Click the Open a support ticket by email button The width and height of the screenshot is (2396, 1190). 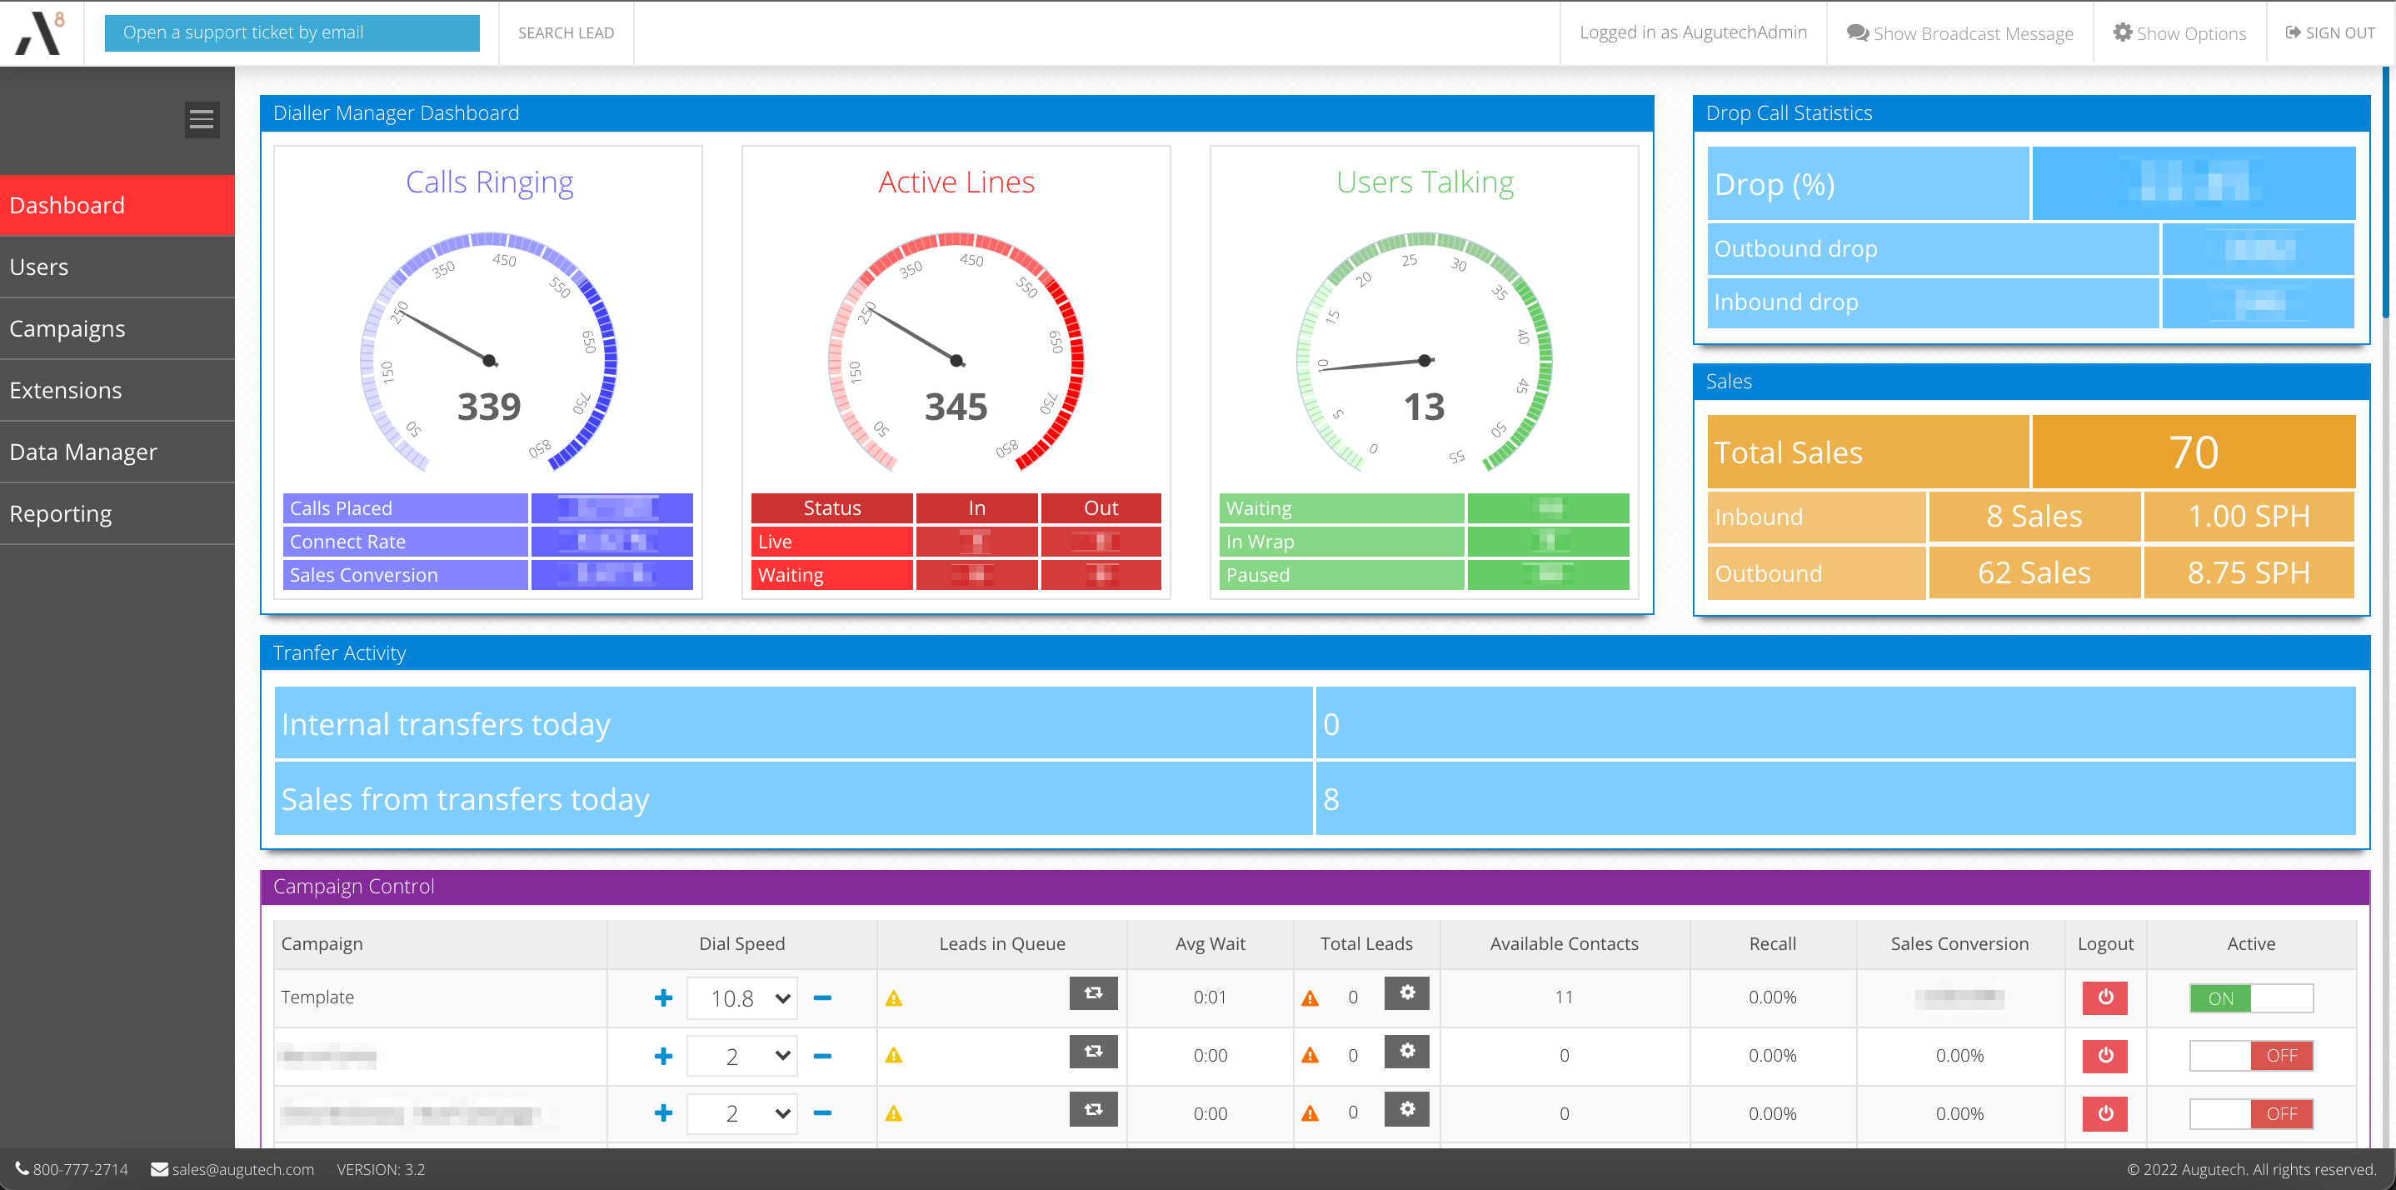[292, 32]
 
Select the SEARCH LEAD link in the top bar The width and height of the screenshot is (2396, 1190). [566, 33]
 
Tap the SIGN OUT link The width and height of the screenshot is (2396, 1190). [2330, 33]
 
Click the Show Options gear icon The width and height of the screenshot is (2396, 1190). [2123, 32]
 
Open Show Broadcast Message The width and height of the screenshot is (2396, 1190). [1959, 33]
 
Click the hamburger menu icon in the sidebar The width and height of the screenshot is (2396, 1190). [202, 119]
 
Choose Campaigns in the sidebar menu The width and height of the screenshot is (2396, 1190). [67, 328]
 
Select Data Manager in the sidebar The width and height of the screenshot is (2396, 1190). [83, 452]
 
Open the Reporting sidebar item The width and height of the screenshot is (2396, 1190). [61, 513]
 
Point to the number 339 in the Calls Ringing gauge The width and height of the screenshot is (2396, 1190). [489, 407]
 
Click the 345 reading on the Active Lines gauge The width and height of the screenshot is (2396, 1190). [956, 407]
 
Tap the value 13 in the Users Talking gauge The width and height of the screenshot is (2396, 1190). [1424, 407]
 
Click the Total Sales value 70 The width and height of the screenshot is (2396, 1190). [2194, 452]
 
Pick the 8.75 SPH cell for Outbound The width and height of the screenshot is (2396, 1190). [2248, 573]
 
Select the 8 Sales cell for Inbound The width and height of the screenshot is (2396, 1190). [2034, 517]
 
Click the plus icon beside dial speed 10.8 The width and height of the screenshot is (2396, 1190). [663, 998]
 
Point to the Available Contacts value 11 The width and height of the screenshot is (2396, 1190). [1564, 997]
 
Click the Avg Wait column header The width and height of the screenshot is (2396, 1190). [1210, 943]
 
